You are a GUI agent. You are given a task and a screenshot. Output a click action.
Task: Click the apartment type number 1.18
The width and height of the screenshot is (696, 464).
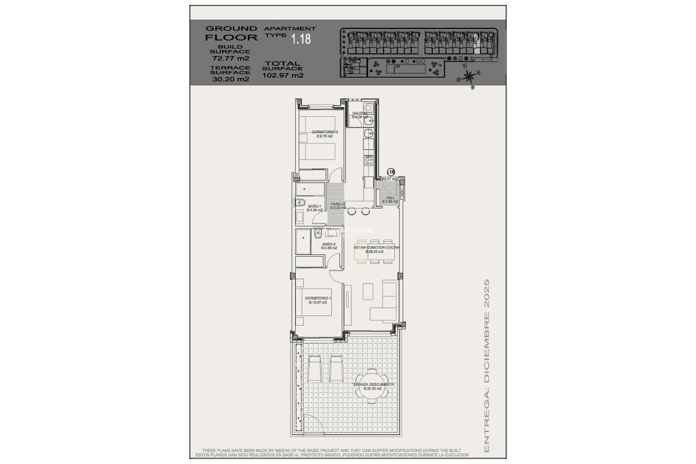coord(301,39)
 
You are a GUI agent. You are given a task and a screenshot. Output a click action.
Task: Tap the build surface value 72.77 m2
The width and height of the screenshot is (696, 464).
coord(231,58)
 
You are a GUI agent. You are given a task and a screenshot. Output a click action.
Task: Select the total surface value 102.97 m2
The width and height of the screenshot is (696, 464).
coord(283,75)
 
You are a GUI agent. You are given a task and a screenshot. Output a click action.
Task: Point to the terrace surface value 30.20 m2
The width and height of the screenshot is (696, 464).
coord(231,79)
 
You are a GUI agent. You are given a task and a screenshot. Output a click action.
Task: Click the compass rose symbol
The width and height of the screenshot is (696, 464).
coord(469,76)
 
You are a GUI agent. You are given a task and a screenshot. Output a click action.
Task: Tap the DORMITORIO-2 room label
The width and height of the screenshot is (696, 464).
coord(324,134)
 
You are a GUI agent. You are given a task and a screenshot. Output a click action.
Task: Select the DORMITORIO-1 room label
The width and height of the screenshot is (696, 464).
coord(318,300)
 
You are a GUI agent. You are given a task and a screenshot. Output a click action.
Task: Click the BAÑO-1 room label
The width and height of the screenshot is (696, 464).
coord(314,208)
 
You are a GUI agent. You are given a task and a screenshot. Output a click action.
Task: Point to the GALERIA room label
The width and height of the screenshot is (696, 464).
coord(360,115)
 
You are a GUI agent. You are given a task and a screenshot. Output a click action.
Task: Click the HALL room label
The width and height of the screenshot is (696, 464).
coord(390,199)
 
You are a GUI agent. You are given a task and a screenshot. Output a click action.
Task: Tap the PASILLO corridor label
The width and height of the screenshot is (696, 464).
coord(337,206)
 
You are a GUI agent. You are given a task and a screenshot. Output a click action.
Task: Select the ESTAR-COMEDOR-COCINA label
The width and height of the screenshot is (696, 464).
coord(376,249)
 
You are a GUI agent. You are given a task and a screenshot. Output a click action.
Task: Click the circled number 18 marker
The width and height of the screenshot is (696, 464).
coord(391,172)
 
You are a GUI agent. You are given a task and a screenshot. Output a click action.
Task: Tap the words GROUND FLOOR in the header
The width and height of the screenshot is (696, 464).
coord(231,33)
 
